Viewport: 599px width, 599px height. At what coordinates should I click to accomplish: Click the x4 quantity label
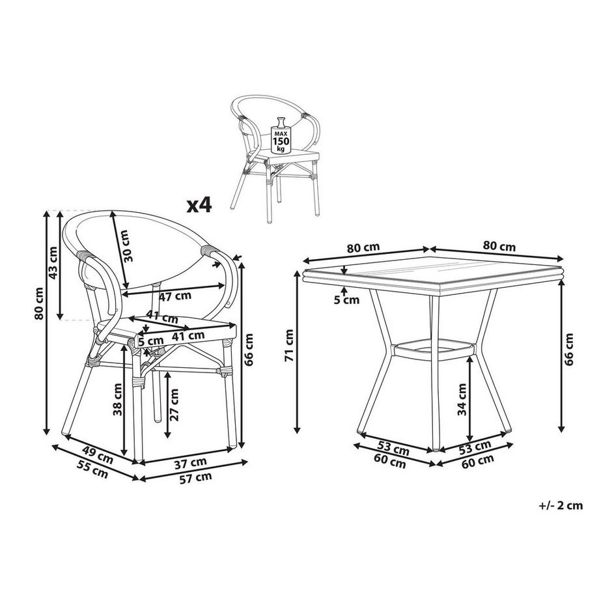tap(199, 206)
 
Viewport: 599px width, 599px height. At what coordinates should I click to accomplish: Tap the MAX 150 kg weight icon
tap(281, 135)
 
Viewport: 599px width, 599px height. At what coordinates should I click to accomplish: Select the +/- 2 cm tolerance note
tap(561, 505)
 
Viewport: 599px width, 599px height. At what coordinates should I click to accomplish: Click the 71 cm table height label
tap(289, 345)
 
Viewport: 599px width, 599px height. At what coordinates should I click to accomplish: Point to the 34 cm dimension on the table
tap(462, 399)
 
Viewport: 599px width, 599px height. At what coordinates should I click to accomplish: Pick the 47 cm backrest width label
tap(175, 296)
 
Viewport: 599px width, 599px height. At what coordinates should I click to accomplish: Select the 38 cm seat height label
tap(117, 400)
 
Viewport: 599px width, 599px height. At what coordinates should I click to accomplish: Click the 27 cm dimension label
tap(174, 404)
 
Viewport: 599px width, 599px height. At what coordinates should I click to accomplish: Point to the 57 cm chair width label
tap(195, 478)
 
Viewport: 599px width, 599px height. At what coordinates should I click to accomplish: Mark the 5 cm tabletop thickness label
tap(347, 300)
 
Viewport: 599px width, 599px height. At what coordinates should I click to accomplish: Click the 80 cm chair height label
tap(38, 303)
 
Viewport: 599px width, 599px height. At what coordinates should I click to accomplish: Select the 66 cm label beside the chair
tap(249, 350)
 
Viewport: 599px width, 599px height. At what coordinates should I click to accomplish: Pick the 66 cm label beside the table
tap(569, 350)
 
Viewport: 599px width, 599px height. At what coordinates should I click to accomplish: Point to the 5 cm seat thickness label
tap(151, 341)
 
